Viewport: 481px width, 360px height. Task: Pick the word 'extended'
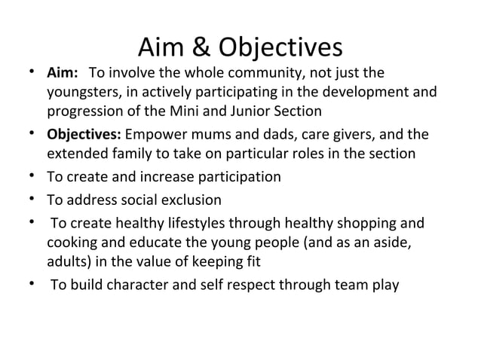76,155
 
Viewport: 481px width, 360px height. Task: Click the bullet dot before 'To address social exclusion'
27,200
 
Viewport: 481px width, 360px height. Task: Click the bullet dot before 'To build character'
27,285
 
